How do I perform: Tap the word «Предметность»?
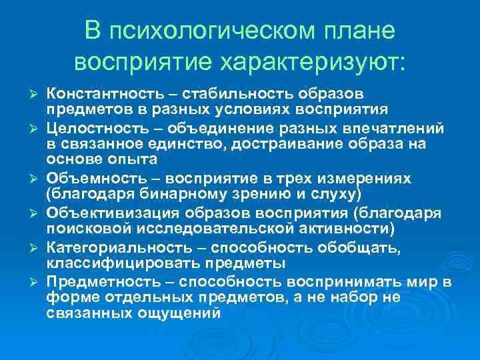pos(93,283)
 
